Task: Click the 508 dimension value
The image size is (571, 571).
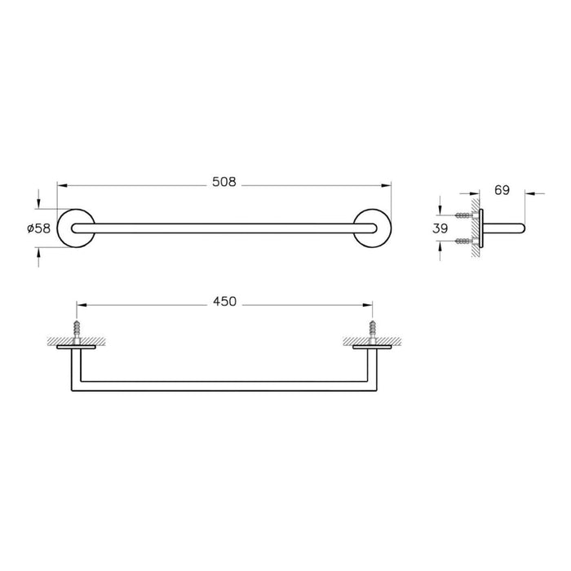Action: [x=224, y=184]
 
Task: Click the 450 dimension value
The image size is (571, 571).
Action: [x=224, y=302]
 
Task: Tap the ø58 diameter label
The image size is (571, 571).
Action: [x=39, y=228]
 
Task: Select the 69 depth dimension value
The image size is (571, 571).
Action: [x=502, y=191]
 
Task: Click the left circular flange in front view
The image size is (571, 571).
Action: [x=76, y=228]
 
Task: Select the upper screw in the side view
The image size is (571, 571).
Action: [x=465, y=215]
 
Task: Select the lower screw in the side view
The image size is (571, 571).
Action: [x=465, y=241]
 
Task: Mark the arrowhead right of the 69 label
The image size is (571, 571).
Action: [x=528, y=193]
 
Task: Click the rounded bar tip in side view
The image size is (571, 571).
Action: [x=524, y=228]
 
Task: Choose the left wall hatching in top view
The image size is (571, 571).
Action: [x=65, y=341]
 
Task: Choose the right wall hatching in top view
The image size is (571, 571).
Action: [x=383, y=341]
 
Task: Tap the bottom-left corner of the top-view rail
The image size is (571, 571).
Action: [x=76, y=387]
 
